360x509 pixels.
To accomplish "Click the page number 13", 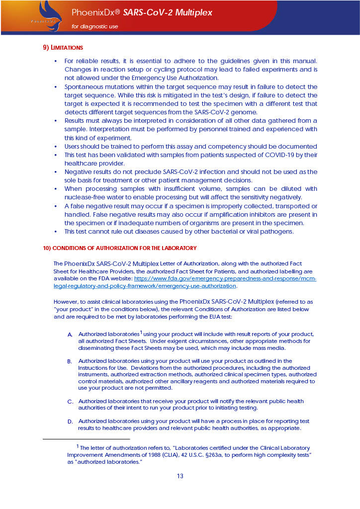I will (180, 476).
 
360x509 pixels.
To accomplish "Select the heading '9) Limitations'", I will (63, 48).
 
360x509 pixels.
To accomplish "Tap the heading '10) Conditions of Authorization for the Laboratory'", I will (119, 248).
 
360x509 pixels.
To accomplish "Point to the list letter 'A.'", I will (70, 335).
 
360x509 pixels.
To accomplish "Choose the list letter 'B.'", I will (70, 361).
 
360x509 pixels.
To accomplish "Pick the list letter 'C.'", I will (70, 402).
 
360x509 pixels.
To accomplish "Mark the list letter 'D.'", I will (70, 422).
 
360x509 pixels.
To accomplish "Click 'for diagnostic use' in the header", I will (95, 26).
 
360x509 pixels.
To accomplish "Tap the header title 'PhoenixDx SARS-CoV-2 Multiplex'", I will (142, 12).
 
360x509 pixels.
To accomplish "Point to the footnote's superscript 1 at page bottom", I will (77, 446).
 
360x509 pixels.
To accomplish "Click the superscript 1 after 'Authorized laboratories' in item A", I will (141, 332).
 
